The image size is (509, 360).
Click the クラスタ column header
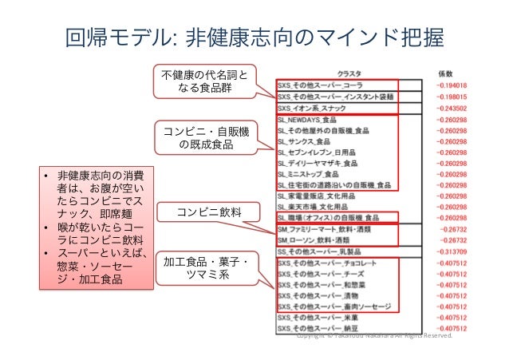349,71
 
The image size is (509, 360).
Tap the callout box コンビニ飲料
197,212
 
